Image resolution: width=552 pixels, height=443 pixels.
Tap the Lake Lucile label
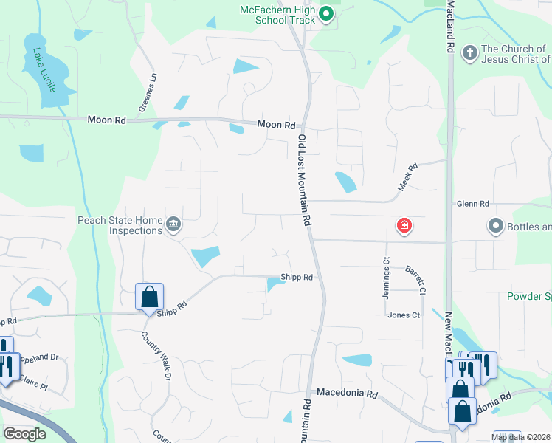(44, 70)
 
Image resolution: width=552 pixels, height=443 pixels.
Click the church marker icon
(469, 53)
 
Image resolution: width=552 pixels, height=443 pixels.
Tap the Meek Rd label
(407, 177)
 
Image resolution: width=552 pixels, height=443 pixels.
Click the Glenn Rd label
(473, 204)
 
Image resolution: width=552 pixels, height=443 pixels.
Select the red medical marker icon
(404, 225)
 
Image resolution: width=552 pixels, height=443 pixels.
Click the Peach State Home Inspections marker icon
(173, 224)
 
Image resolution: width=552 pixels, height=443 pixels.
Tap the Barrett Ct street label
(418, 281)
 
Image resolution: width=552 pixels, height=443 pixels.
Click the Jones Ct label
(404, 315)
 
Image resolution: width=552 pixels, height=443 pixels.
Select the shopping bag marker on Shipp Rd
(149, 297)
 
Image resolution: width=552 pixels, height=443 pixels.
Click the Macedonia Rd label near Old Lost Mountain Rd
(347, 394)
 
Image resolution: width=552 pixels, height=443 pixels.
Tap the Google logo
(24, 434)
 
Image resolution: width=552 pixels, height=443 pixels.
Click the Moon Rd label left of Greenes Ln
(107, 120)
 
